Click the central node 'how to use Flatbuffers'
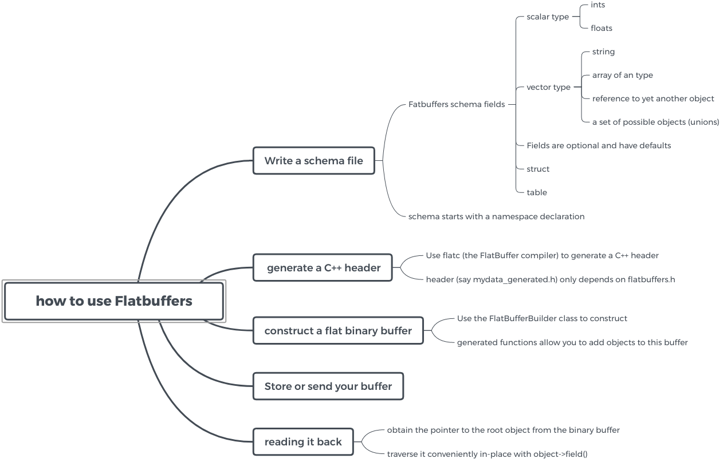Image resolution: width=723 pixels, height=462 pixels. coord(113,301)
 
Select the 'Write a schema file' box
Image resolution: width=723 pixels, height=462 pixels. coord(313,161)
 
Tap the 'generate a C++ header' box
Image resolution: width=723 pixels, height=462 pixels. coord(323,268)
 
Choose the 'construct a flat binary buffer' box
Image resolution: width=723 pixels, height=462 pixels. coord(338,331)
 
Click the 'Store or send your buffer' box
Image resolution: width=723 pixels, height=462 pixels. coord(328,386)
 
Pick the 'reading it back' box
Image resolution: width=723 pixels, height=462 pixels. coord(303,442)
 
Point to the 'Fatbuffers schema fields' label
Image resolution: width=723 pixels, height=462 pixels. coord(457,104)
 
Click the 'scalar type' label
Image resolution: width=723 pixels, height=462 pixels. coord(548,17)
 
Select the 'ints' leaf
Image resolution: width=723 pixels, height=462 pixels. coord(598,5)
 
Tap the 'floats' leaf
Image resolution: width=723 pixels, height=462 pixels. coord(602,28)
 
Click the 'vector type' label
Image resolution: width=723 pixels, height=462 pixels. coord(548,87)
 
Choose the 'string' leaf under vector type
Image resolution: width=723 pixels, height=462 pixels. coord(603,52)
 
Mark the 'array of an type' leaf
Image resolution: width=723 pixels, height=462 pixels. coord(622,75)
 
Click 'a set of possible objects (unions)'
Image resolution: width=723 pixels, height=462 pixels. coord(655,122)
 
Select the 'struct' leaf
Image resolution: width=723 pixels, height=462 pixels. coord(538,169)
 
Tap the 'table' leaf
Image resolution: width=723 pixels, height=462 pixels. coord(537,192)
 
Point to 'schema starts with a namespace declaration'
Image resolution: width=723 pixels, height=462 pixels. coord(496,216)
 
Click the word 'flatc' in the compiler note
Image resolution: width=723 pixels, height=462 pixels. coord(453,255)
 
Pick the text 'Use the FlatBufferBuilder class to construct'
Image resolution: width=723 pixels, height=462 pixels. coord(542,318)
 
